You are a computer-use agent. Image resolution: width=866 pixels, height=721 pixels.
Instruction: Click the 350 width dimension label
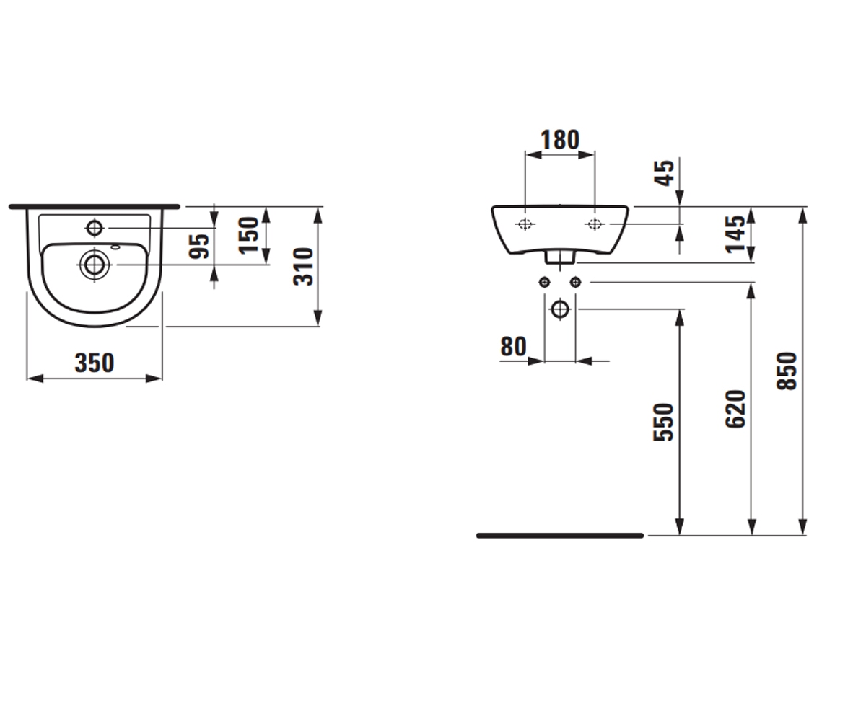coord(95,363)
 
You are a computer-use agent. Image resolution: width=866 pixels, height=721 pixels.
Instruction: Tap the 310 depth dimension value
coord(303,267)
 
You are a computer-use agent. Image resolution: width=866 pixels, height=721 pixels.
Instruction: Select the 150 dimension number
coord(249,235)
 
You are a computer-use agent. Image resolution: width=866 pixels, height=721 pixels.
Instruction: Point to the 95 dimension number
coord(198,247)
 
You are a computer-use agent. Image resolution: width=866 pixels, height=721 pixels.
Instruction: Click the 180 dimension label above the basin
coord(560,140)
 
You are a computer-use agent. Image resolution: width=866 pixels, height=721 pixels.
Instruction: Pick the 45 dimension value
coord(664,173)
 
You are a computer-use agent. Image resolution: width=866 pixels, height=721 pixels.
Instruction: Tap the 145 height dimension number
coord(735,234)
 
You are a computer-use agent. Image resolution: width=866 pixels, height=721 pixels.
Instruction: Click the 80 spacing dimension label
coord(513,346)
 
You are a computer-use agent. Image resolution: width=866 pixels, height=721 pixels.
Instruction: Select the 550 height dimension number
coord(663,423)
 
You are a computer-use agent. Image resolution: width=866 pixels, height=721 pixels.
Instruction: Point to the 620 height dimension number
coord(735,409)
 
